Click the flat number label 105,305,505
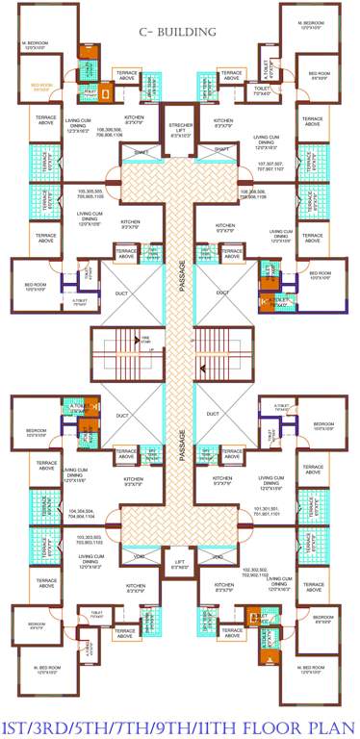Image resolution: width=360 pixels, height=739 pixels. point(91,192)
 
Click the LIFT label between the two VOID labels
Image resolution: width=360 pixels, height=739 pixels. point(179,566)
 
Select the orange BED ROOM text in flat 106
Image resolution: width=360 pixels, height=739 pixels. point(42,87)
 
